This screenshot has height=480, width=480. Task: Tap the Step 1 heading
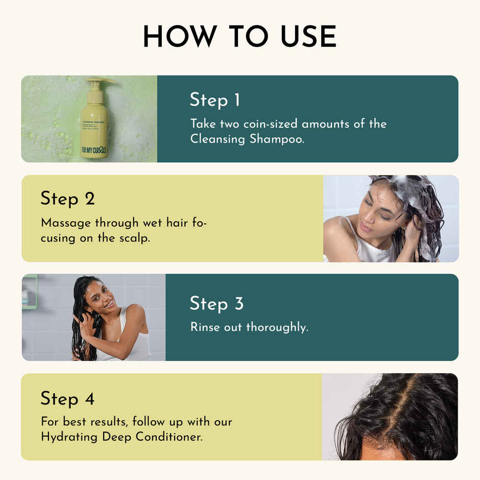point(214,100)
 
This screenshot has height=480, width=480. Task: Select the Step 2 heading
point(67,199)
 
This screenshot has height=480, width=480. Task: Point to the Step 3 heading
point(217,303)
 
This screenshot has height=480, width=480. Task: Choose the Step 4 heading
point(67,399)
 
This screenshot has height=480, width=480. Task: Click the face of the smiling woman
point(103,296)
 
